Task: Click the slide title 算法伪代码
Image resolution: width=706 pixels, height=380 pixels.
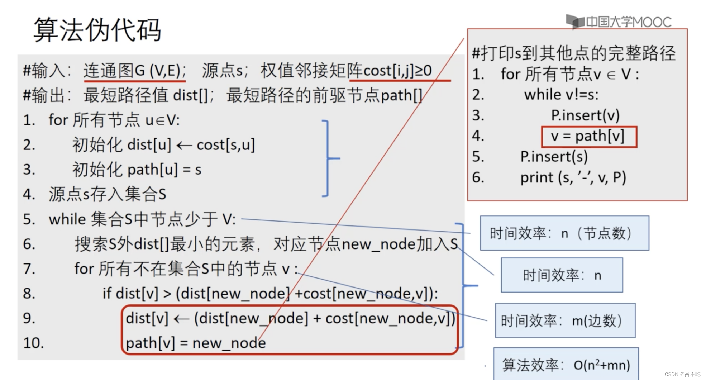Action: [x=97, y=30]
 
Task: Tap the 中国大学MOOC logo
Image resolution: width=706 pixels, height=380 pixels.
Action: [x=619, y=22]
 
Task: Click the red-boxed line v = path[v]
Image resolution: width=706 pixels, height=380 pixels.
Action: [x=589, y=137]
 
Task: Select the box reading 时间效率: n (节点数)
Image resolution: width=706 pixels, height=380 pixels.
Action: [x=564, y=233]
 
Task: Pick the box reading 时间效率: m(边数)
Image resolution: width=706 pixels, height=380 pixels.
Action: [x=565, y=320]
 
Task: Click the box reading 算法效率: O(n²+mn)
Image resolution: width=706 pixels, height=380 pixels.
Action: [x=566, y=365]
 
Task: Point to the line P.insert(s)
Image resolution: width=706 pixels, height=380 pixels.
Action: [x=554, y=157]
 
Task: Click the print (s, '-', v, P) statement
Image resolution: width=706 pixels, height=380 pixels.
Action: [x=573, y=177]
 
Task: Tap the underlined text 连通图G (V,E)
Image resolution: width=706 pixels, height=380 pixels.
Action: [x=134, y=71]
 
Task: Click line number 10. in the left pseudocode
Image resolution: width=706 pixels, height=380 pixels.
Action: [x=33, y=343]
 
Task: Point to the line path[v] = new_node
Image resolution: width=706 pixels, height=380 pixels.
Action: [x=196, y=343]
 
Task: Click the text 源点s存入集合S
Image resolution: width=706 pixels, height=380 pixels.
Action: [x=107, y=194]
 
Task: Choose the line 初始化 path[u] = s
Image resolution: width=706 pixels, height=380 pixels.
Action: [x=137, y=170]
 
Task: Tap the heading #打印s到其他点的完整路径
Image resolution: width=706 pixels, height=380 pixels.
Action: [x=574, y=53]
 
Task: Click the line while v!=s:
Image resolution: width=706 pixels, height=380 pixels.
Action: [x=561, y=95]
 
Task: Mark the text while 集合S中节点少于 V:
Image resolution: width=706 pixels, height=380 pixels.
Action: [x=142, y=219]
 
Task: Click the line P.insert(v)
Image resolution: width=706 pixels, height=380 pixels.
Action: [x=585, y=115]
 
